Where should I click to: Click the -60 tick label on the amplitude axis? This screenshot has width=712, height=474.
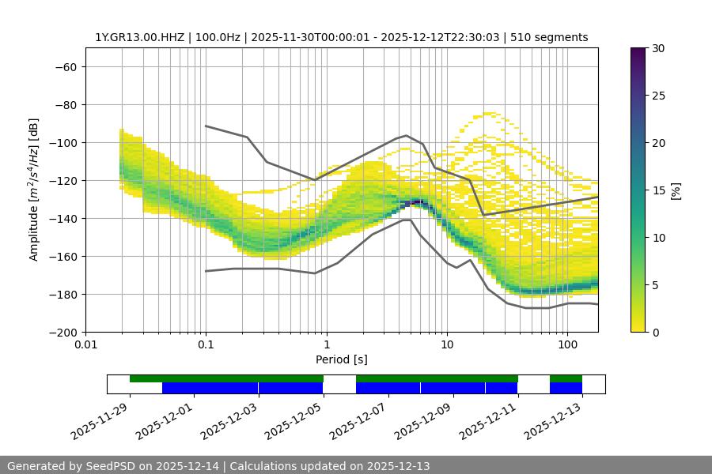(64, 66)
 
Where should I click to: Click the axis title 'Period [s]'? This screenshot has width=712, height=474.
(341, 359)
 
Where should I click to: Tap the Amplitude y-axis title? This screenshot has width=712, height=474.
(34, 190)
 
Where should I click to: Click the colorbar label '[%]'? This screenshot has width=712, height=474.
(676, 190)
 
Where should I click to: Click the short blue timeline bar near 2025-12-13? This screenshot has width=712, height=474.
(566, 388)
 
